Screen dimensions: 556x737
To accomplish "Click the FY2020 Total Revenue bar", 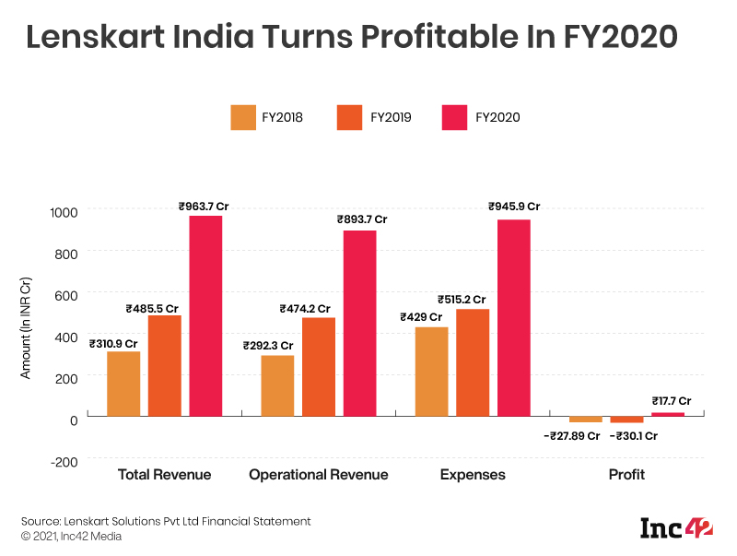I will click(205, 315).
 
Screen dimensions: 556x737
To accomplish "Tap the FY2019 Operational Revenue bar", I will click(319, 366).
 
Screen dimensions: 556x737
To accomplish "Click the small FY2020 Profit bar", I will click(668, 414).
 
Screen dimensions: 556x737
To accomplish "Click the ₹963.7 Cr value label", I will click(204, 207).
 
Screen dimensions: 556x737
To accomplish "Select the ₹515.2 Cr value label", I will click(462, 300).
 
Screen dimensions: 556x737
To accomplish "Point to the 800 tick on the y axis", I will click(64, 252).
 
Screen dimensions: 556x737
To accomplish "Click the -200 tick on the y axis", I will click(62, 460).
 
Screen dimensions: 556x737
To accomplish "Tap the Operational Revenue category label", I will click(319, 475).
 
